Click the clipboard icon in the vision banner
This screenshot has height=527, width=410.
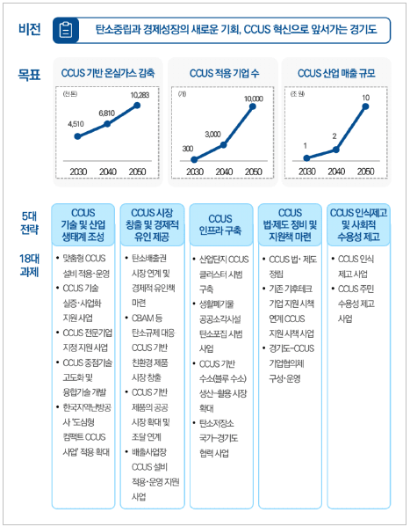pos(67,30)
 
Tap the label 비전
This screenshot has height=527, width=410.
pos(29,30)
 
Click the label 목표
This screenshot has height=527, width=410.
pos(29,76)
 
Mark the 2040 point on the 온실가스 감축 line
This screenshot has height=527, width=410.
pos(107,124)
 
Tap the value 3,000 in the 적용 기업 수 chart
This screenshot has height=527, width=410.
pos(212,133)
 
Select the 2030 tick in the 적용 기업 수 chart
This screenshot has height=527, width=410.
pos(194,171)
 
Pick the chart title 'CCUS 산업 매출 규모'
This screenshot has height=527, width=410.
pos(336,72)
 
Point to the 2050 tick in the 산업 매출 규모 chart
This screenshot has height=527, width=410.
pos(365,171)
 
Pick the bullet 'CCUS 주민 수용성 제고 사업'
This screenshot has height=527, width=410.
pos(360,304)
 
